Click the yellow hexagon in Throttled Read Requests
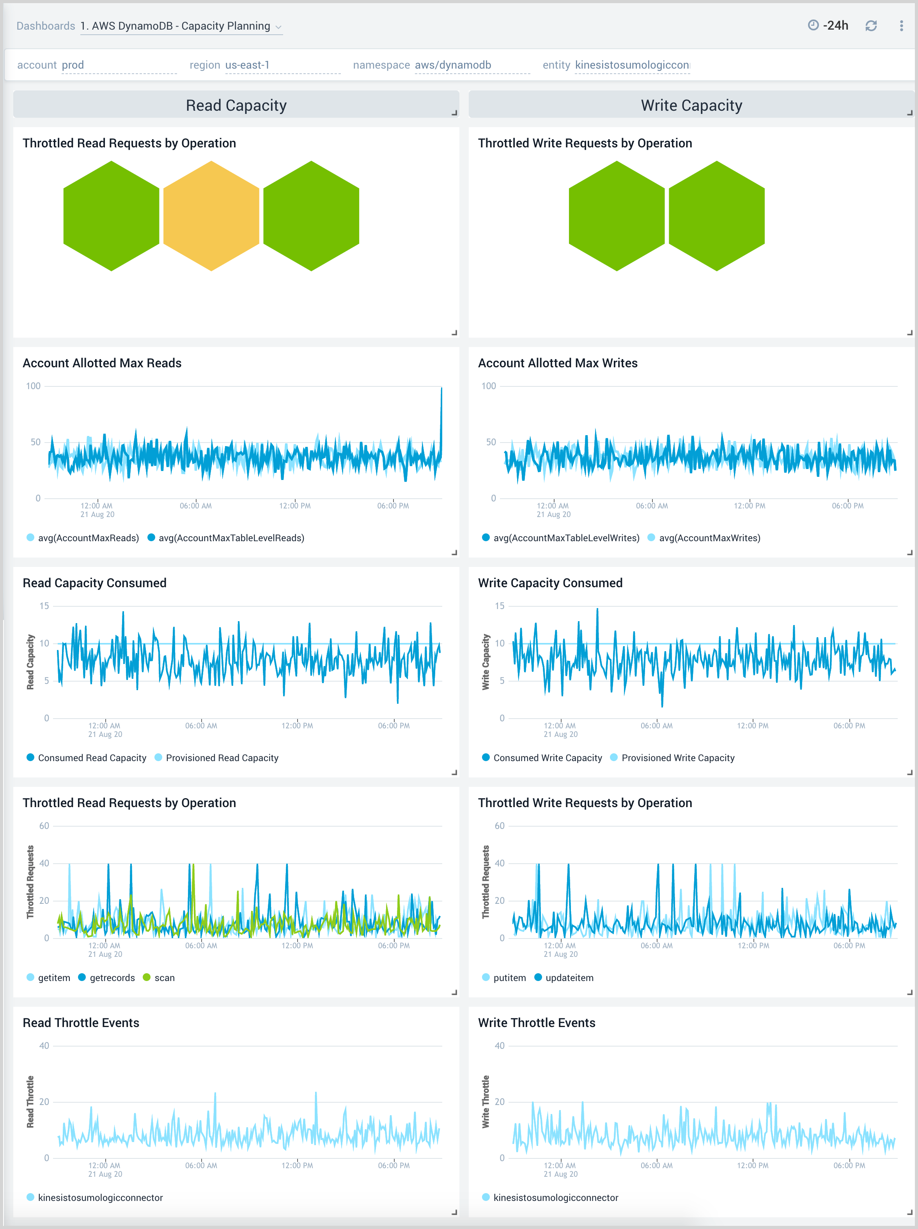[211, 216]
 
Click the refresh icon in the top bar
[871, 26]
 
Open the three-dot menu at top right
[901, 26]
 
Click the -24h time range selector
[829, 26]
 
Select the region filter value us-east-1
[247, 65]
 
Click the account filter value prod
[73, 65]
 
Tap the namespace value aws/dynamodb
[452, 65]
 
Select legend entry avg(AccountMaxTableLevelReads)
[231, 538]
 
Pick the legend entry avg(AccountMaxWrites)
[709, 538]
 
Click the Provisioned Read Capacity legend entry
[222, 758]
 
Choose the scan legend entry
[164, 978]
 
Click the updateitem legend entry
[569, 978]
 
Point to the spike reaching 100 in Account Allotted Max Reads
[441, 389]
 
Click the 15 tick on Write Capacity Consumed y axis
[500, 606]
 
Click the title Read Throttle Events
[81, 1023]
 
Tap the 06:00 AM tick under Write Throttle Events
[656, 1165]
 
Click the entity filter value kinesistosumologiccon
[632, 65]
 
